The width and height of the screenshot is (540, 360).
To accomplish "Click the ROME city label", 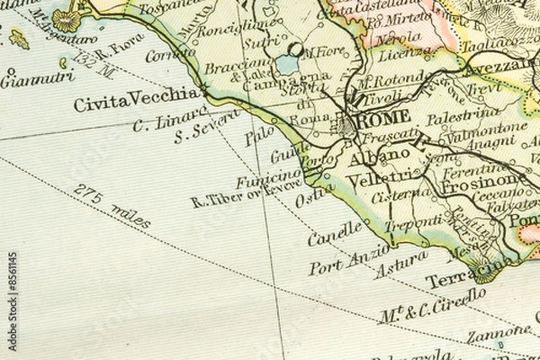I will pos(385,117).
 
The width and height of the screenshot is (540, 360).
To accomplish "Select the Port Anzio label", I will pos(348,261).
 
